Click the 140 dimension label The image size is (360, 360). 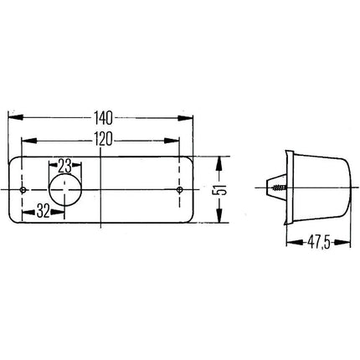103,118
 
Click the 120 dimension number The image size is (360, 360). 103,139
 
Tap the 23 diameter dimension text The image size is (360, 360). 64,167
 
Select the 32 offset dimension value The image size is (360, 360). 43,211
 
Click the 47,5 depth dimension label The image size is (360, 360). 319,243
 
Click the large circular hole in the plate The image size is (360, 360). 65,190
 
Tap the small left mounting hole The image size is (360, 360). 23,190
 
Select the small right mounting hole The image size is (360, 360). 180,190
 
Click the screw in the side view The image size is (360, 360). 279,188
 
